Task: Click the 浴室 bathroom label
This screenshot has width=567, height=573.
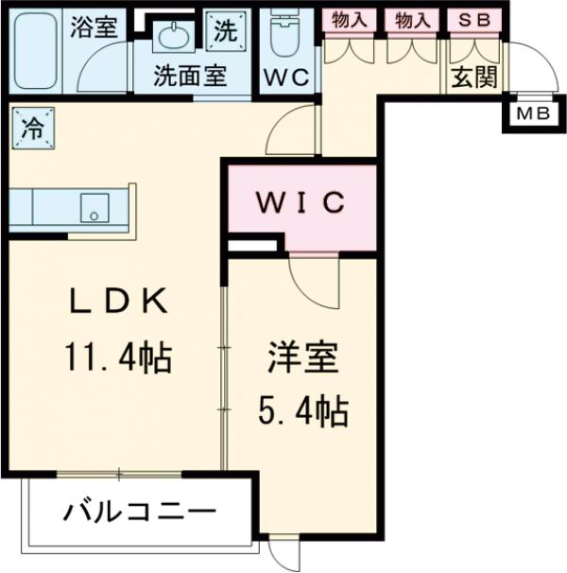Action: pyautogui.click(x=93, y=26)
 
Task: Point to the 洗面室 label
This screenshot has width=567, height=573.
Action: pyautogui.click(x=190, y=76)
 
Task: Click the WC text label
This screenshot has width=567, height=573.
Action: pyautogui.click(x=286, y=77)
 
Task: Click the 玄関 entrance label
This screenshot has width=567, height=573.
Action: pyautogui.click(x=472, y=78)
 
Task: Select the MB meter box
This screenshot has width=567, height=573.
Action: pyautogui.click(x=524, y=114)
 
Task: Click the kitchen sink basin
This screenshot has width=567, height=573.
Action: pyautogui.click(x=94, y=207)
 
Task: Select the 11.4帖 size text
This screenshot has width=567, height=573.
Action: pyautogui.click(x=117, y=357)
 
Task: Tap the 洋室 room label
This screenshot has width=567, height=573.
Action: pyautogui.click(x=301, y=359)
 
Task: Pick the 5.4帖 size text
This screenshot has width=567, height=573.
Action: pyautogui.click(x=302, y=412)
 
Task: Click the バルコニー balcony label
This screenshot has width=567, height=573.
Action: pyautogui.click(x=140, y=513)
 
